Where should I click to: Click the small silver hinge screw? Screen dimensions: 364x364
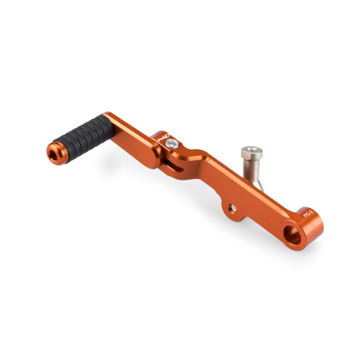coord(170,145)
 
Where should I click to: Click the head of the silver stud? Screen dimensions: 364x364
coord(249,154)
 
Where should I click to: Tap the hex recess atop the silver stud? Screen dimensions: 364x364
coord(249,151)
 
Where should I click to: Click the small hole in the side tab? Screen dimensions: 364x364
coord(232,209)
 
